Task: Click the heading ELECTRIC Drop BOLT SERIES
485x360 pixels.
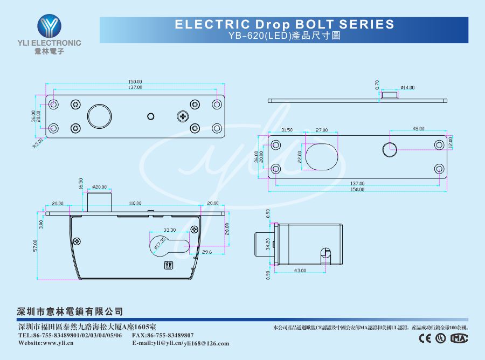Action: click(285, 24)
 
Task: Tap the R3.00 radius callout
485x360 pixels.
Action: click(38, 143)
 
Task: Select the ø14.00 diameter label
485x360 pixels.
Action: click(407, 87)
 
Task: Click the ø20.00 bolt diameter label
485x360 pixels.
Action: click(100, 187)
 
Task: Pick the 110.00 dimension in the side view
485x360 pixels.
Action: click(135, 204)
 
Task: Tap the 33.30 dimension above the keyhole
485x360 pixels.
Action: click(169, 230)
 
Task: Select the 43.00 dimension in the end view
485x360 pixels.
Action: click(300, 270)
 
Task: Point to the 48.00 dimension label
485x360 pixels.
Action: click(418, 129)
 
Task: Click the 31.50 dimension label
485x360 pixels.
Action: click(287, 130)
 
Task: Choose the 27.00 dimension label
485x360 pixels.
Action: click(322, 130)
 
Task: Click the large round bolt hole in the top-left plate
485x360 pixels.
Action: click(99, 116)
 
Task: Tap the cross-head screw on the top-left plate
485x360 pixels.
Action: click(184, 116)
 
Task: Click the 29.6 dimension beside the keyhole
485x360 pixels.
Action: click(207, 252)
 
